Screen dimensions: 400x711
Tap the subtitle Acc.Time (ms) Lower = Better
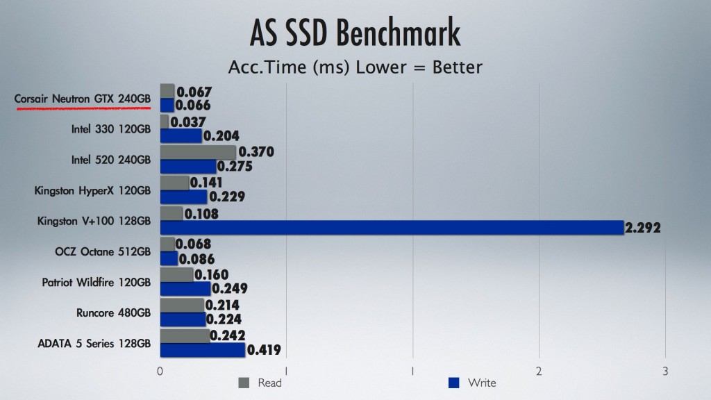click(x=355, y=67)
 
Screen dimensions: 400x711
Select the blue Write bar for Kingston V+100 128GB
click(x=392, y=227)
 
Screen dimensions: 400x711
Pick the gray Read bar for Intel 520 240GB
click(x=198, y=152)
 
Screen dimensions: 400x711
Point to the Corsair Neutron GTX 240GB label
click(x=83, y=99)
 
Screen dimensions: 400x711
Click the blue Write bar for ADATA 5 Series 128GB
click(x=203, y=350)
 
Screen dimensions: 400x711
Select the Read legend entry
click(x=260, y=382)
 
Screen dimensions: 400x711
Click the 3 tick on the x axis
click(x=665, y=371)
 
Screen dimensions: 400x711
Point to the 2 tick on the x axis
click(x=539, y=371)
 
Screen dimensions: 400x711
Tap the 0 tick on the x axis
click(x=160, y=371)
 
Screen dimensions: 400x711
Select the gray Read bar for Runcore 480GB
click(x=182, y=305)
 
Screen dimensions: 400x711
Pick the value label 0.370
click(x=256, y=152)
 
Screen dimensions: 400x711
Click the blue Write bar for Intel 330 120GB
click(x=181, y=136)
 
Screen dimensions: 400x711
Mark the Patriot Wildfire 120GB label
click(x=97, y=282)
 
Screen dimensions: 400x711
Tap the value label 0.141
click(x=208, y=183)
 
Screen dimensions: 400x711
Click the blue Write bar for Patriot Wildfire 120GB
click(x=185, y=288)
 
